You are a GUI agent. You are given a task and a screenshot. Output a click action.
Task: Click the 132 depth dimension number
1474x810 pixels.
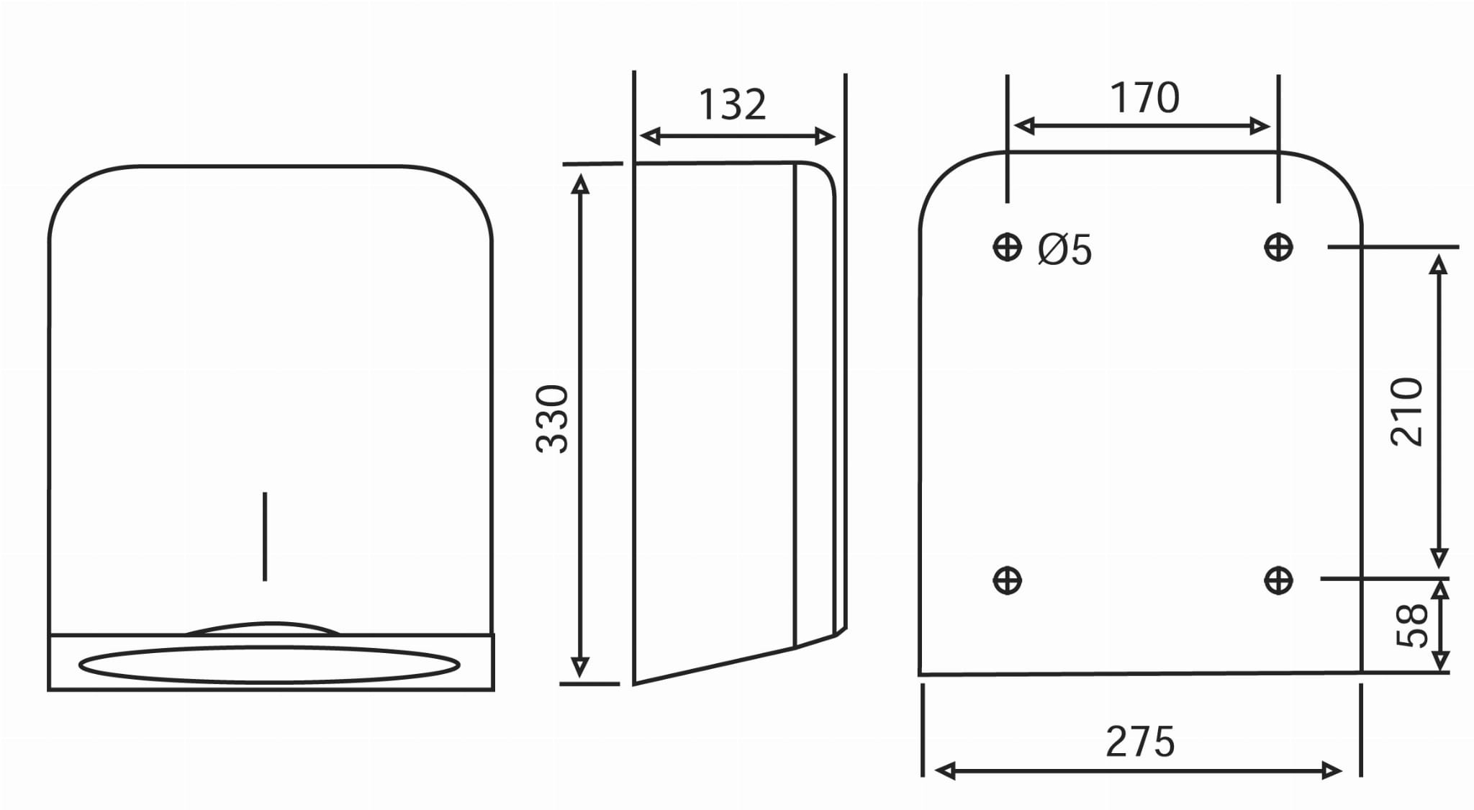click(x=732, y=105)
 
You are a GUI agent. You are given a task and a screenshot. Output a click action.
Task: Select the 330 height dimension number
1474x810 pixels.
click(x=553, y=419)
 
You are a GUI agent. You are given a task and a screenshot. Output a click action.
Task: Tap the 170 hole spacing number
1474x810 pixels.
click(x=1144, y=98)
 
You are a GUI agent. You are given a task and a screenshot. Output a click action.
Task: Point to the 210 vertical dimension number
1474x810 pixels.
click(x=1406, y=412)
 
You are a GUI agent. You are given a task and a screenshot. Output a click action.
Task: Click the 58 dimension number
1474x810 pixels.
click(x=1411, y=625)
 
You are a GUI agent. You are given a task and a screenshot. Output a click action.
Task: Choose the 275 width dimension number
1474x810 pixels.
click(x=1140, y=742)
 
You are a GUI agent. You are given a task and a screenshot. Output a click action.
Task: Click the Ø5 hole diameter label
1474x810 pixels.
click(x=1064, y=250)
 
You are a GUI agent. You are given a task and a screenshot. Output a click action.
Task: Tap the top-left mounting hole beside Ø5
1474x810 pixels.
click(x=1007, y=248)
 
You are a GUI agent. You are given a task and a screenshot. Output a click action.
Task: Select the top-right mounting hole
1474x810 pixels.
click(x=1278, y=248)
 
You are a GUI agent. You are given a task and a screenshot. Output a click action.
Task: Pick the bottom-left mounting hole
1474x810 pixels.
click(x=1007, y=580)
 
